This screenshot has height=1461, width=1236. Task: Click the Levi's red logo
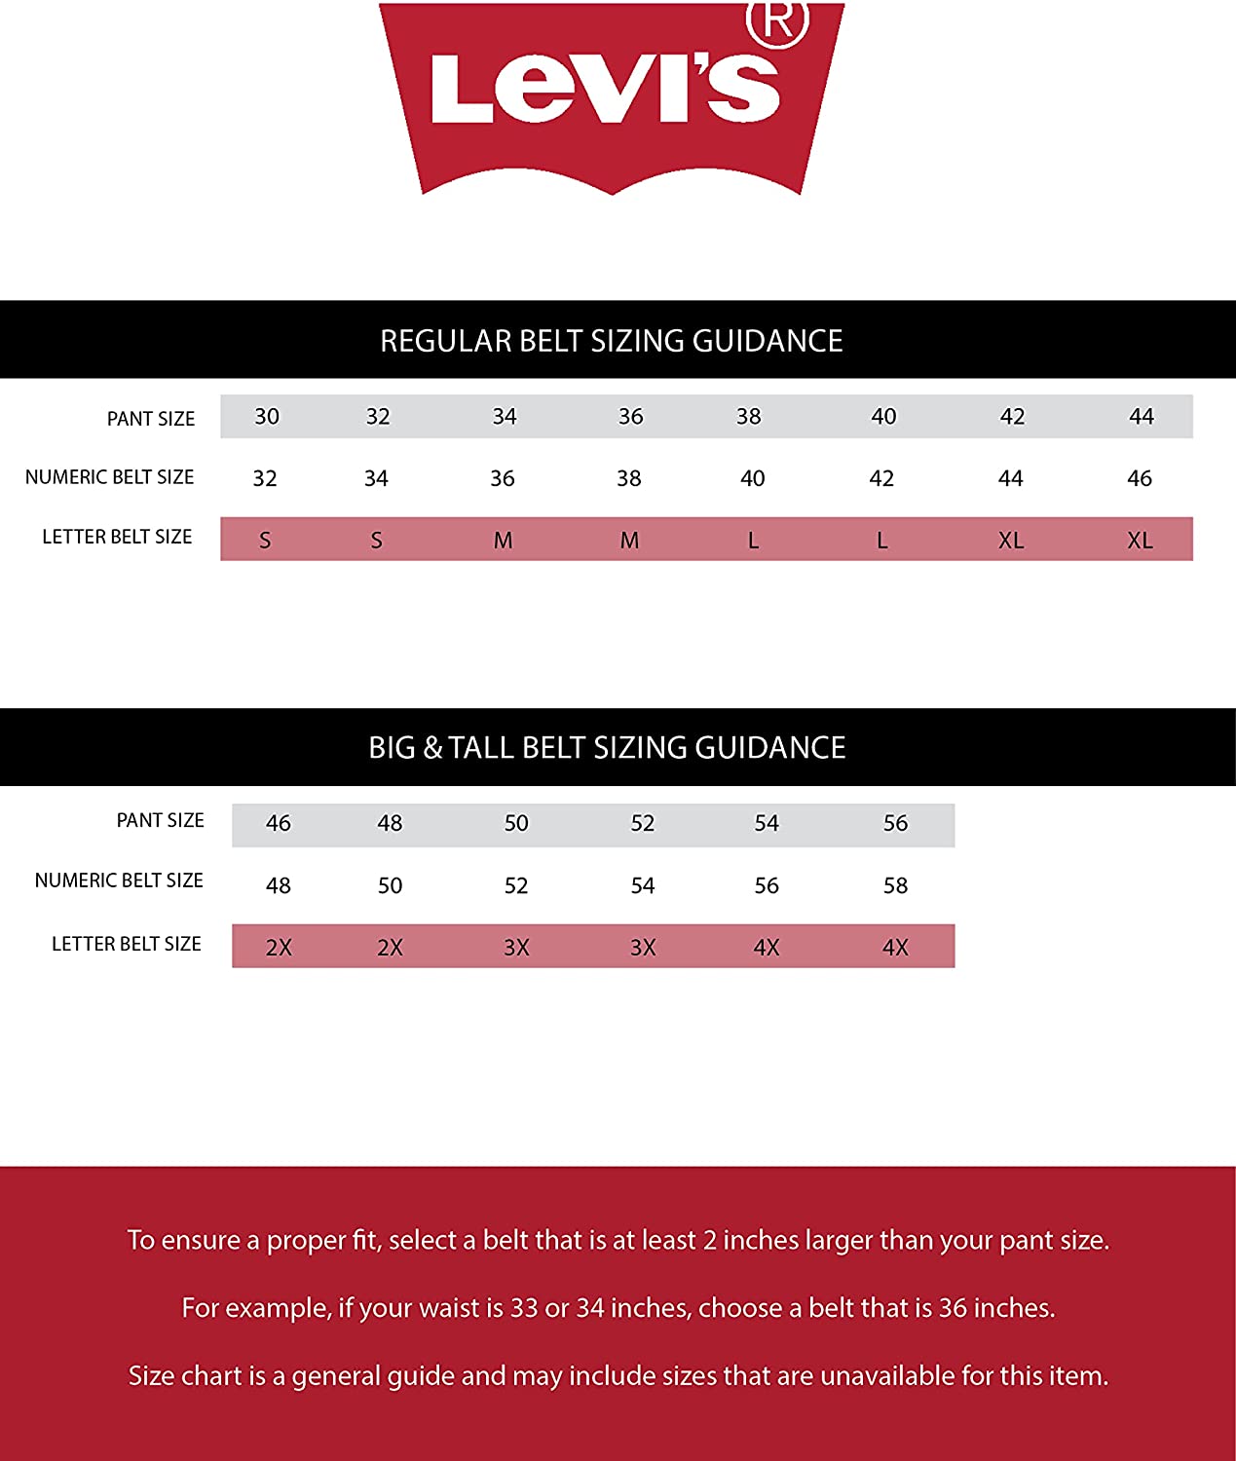pos(611,97)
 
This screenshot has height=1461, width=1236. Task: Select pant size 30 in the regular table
pos(267,417)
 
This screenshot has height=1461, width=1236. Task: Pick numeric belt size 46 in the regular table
pos(1140,478)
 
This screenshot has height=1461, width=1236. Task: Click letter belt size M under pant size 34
pos(503,541)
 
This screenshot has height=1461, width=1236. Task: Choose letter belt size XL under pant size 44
pos(1140,541)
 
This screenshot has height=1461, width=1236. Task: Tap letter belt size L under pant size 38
pos(753,541)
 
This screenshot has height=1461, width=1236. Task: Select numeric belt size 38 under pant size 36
pos(629,478)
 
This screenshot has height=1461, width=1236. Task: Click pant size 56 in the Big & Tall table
pos(895,823)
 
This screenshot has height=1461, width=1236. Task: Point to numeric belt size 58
pos(895,885)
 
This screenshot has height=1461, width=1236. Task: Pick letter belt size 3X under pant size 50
pos(516,948)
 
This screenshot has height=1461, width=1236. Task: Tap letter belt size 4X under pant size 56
pos(895,948)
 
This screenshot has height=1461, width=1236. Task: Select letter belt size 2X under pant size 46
pos(279,948)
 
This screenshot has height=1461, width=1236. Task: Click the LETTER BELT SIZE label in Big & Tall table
pos(127,944)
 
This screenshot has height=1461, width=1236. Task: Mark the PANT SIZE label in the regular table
pos(151,419)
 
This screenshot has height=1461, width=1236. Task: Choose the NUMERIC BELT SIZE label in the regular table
pos(110,477)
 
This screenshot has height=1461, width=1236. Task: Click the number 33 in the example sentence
pos(524,1308)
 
